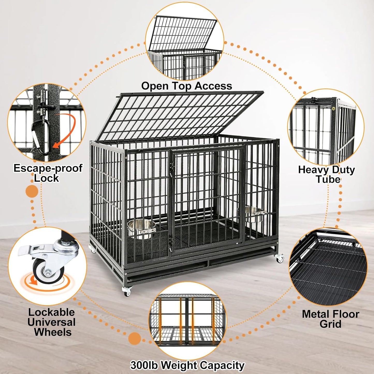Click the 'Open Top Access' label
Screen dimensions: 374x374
(186, 86)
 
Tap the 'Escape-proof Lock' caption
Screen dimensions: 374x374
(48, 173)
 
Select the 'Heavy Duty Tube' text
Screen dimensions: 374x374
(326, 174)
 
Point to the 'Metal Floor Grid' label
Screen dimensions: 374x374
(331, 319)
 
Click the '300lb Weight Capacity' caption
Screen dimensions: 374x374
(187, 365)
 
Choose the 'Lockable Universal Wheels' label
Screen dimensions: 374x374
(52, 322)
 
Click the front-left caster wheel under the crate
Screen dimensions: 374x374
(127, 291)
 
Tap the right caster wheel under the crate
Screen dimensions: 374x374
(280, 258)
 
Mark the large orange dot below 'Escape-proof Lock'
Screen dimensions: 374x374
(32, 192)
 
